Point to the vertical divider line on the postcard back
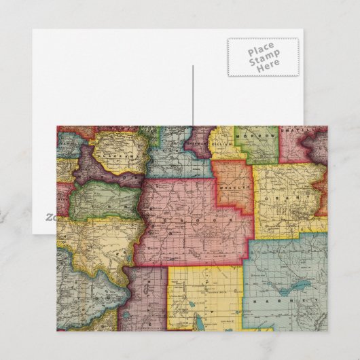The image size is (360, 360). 193,95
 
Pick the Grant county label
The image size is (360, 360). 292,199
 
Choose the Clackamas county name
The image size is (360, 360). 114,154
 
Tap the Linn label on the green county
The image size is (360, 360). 102,202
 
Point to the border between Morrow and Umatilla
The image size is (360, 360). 279,144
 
